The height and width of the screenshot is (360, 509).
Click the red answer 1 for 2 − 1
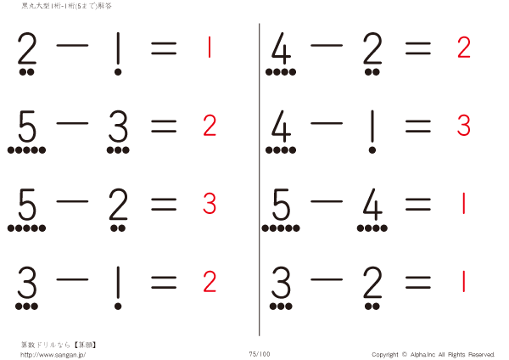209,48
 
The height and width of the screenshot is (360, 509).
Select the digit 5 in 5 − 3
27,128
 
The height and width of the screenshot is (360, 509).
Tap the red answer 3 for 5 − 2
210,204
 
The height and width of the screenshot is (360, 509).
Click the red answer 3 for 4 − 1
463,126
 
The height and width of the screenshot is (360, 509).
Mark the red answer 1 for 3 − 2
463,280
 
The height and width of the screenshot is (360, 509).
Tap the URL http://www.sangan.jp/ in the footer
53,354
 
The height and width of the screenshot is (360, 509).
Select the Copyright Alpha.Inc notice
433,354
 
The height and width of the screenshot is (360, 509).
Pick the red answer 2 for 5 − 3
210,126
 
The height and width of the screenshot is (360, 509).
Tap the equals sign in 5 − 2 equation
163,204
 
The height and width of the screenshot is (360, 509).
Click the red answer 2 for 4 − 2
463,48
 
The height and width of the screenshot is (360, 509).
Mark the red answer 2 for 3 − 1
210,280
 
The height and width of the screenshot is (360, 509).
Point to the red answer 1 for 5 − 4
463,204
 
